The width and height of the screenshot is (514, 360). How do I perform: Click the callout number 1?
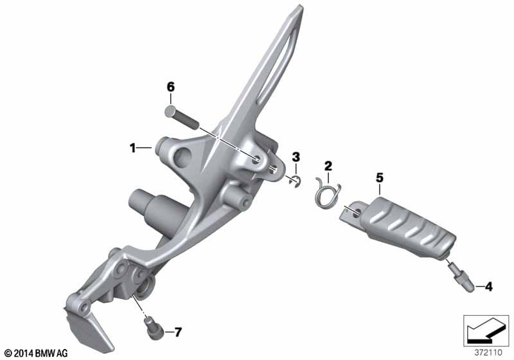(x=133, y=148)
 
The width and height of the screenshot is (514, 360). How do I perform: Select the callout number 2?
(x=328, y=166)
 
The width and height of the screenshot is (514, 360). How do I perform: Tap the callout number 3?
(x=296, y=157)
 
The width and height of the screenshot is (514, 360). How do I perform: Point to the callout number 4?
(x=489, y=287)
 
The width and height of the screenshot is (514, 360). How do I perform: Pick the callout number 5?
(x=379, y=178)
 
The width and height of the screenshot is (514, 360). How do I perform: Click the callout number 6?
(x=171, y=87)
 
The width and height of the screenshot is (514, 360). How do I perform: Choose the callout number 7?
(x=178, y=332)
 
